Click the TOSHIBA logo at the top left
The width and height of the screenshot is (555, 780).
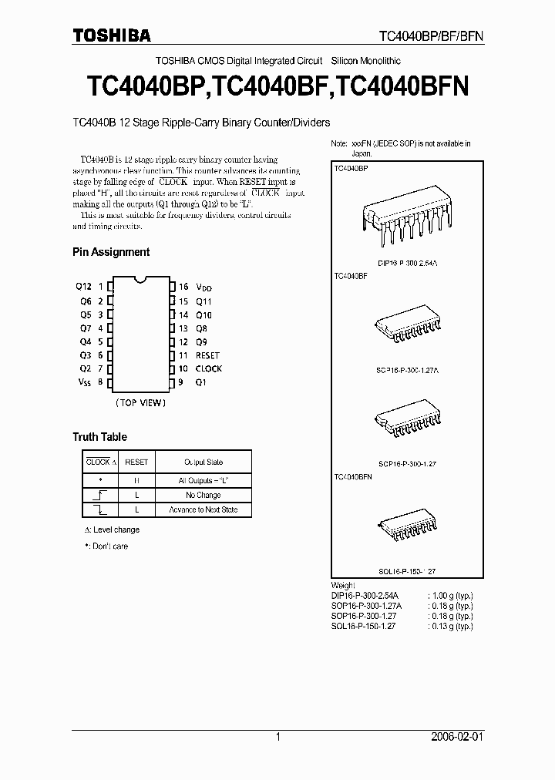(x=112, y=35)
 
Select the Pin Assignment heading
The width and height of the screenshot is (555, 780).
(x=111, y=252)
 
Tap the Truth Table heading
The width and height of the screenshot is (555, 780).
(x=99, y=437)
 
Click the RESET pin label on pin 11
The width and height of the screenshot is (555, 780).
(x=207, y=355)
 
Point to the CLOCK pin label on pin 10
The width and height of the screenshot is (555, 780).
(x=208, y=368)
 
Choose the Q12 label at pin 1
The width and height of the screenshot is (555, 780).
(x=83, y=286)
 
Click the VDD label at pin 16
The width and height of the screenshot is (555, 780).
(x=203, y=287)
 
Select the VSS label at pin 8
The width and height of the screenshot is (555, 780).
(x=83, y=382)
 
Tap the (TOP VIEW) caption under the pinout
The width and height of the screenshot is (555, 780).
(x=140, y=402)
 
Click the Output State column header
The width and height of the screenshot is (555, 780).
(x=203, y=462)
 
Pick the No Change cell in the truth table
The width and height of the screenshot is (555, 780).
(x=203, y=495)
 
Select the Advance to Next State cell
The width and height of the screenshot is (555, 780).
(x=203, y=509)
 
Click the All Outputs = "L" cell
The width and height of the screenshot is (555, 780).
(x=203, y=480)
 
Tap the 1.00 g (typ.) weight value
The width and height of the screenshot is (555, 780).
(x=451, y=596)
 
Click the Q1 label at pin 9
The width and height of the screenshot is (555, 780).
(x=201, y=382)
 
